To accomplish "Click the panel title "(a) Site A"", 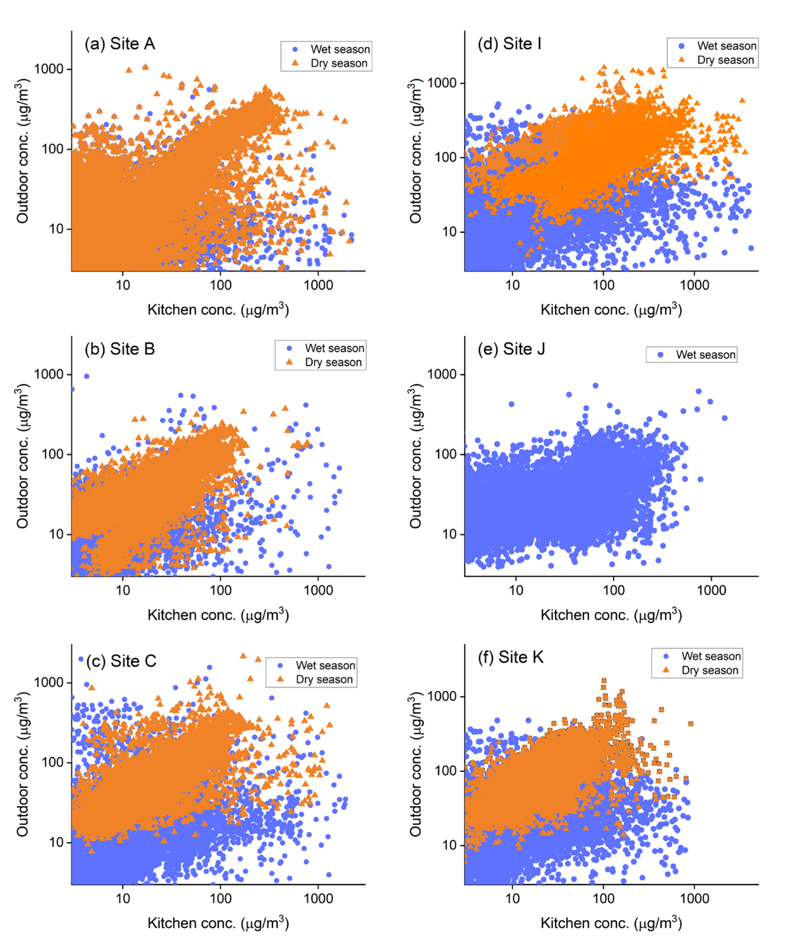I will (x=120, y=44).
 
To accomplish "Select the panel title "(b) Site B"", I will (x=120, y=349).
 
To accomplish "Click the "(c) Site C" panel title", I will (x=122, y=661).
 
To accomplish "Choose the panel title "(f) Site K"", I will (x=511, y=657).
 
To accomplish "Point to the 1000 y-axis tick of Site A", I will (x=48, y=69).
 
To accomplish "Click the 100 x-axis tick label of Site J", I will (x=613, y=590).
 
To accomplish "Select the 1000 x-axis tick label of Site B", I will (x=318, y=590).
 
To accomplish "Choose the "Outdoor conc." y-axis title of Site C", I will (x=22, y=764).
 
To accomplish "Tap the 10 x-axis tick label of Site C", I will (x=123, y=898).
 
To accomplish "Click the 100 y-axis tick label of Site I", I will (x=445, y=157).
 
